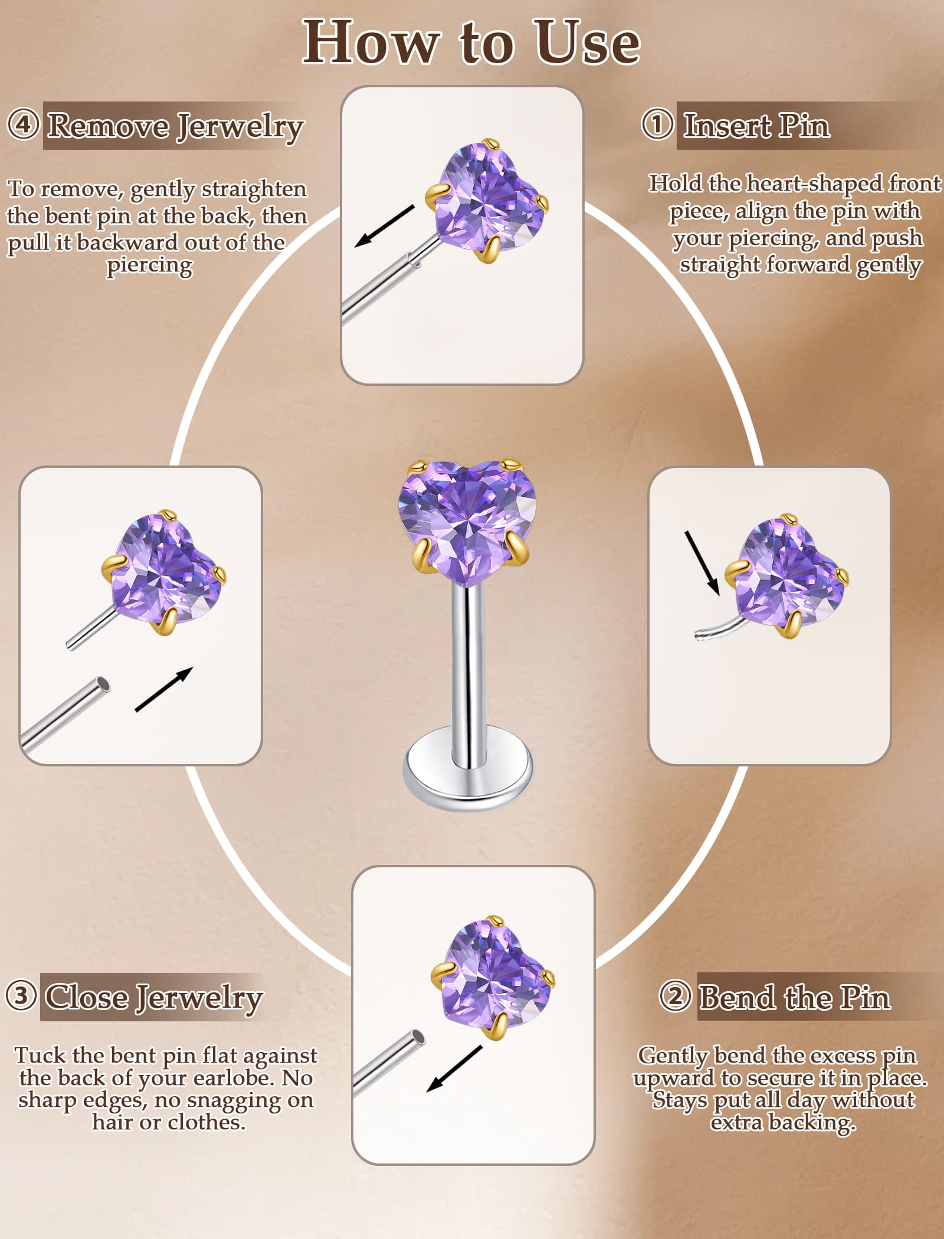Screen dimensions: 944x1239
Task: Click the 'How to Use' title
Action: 471,42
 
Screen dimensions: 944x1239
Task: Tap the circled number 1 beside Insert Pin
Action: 657,124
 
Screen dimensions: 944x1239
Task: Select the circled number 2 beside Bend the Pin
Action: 675,997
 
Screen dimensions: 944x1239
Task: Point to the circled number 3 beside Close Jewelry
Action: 22,996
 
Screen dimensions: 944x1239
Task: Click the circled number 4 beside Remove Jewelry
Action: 24,124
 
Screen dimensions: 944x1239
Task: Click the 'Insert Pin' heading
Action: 756,125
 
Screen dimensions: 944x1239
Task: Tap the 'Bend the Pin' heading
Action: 795,997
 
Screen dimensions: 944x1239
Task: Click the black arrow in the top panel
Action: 385,226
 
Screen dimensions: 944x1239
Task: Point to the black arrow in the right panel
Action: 702,563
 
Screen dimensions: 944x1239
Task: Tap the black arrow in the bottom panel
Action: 454,1068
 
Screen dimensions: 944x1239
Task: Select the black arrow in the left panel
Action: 164,689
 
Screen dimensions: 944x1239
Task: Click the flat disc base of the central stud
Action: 468,769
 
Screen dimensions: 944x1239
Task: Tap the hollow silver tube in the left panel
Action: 65,714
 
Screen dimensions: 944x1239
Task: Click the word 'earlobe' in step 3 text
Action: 233,1077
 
